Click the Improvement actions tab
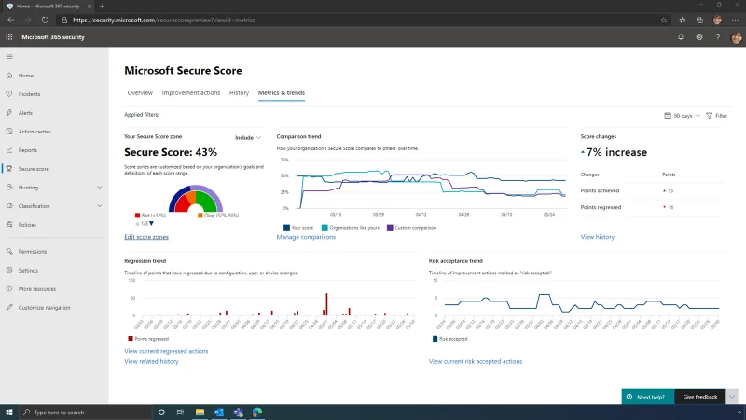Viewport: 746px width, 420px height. coord(191,92)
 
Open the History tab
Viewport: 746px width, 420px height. coord(239,92)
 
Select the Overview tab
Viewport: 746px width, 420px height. coord(140,92)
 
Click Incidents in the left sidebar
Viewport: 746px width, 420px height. coord(29,93)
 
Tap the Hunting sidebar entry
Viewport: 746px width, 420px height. coord(29,187)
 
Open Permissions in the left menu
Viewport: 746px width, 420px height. coord(33,251)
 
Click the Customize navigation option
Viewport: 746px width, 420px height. coord(44,307)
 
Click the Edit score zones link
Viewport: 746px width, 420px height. coord(146,237)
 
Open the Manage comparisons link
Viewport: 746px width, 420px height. coord(306,237)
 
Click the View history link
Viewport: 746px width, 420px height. coord(597,237)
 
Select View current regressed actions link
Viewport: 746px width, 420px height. coord(166,351)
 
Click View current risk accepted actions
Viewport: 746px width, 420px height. coord(475,361)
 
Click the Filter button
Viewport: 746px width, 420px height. coord(717,116)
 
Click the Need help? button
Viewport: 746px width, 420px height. coord(647,397)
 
